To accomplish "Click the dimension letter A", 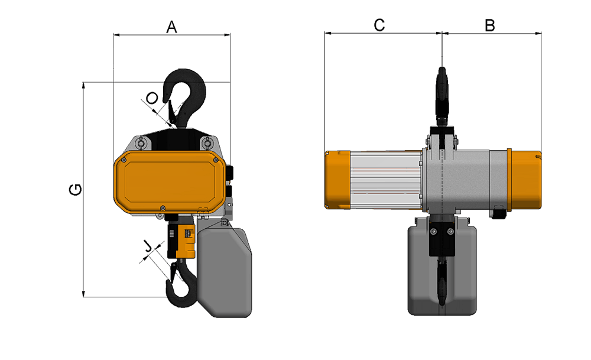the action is (x=171, y=27).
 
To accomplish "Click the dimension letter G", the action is (x=76, y=190).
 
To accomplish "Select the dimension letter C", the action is (x=379, y=25).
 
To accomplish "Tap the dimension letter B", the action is (x=489, y=25).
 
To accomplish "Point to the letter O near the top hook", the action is (x=152, y=99).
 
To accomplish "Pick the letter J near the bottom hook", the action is (x=148, y=247).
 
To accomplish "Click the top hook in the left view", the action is (x=184, y=99).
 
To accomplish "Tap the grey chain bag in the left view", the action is (x=224, y=269).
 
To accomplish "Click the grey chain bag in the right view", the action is (x=442, y=266).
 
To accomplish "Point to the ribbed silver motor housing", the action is (x=385, y=180).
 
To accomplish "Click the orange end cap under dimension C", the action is (x=337, y=180).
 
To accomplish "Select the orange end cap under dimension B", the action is (x=524, y=180).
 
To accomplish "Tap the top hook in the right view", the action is (x=442, y=96).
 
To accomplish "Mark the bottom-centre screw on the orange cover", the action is (x=163, y=207).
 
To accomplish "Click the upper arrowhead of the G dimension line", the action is (x=83, y=85).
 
